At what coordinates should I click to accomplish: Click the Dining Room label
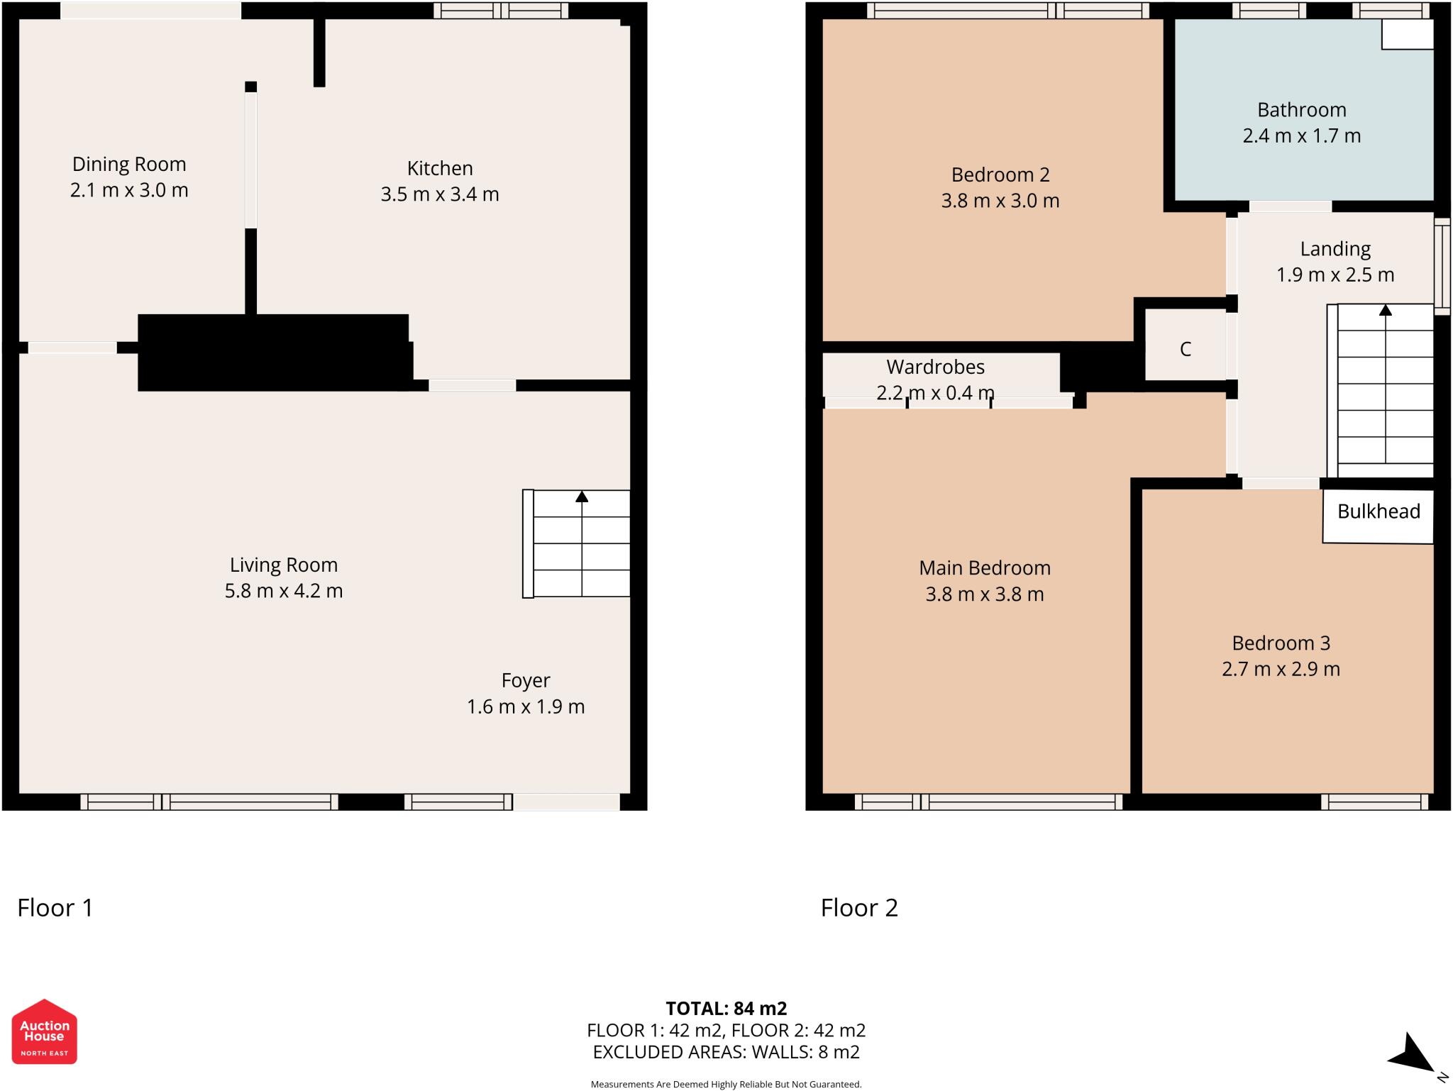pyautogui.click(x=129, y=164)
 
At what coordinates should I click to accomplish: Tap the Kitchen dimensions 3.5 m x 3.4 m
pyautogui.click(x=440, y=194)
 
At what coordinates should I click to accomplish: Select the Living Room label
pyautogui.click(x=284, y=565)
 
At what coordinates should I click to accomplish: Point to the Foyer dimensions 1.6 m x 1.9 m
pyautogui.click(x=526, y=707)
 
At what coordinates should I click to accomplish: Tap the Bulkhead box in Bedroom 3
pyautogui.click(x=1378, y=516)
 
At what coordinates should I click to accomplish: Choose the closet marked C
pyautogui.click(x=1186, y=348)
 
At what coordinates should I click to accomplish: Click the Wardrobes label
pyautogui.click(x=936, y=367)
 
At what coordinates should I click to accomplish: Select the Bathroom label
pyautogui.click(x=1302, y=110)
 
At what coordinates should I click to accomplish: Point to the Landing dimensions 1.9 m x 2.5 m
pyautogui.click(x=1335, y=275)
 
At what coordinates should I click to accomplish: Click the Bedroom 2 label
pyautogui.click(x=1000, y=175)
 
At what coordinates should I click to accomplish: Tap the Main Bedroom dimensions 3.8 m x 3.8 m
pyautogui.click(x=985, y=594)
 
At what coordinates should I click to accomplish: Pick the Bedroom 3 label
pyautogui.click(x=1281, y=643)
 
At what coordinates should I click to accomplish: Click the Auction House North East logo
pyautogui.click(x=45, y=1031)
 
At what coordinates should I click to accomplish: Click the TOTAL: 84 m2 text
pyautogui.click(x=726, y=1008)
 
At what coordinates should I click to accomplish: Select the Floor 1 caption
pyautogui.click(x=55, y=908)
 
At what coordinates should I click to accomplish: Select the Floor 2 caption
pyautogui.click(x=859, y=908)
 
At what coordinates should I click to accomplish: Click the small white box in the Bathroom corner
pyautogui.click(x=1408, y=34)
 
